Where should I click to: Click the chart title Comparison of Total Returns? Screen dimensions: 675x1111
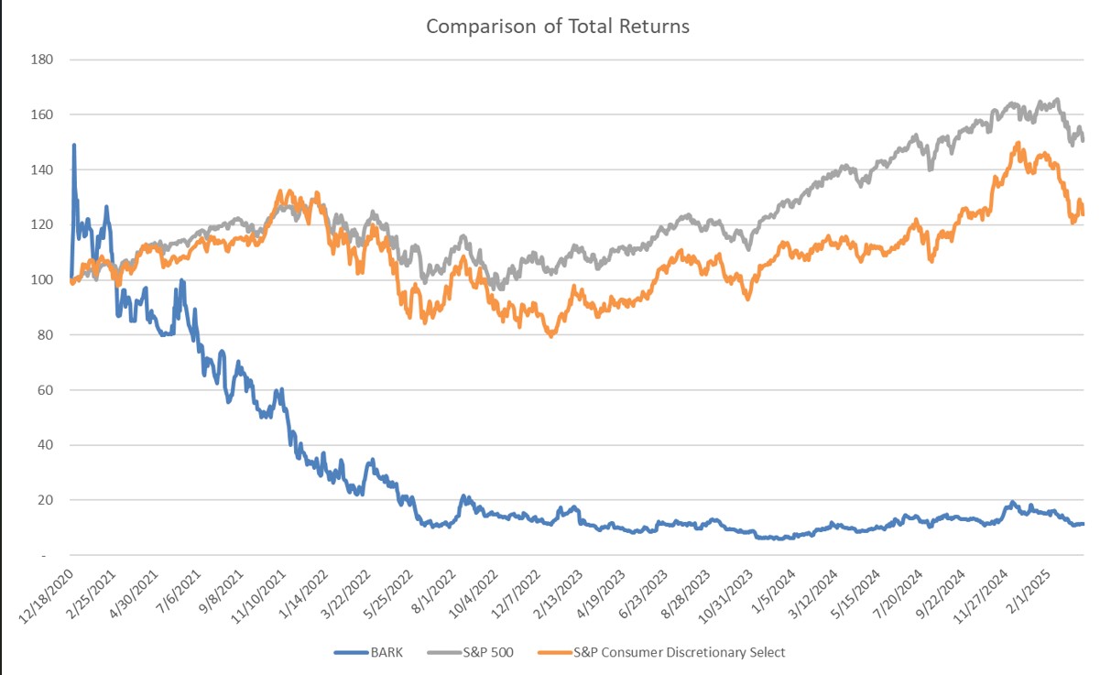[x=557, y=26]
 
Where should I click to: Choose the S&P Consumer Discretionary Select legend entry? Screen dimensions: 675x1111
[x=679, y=652]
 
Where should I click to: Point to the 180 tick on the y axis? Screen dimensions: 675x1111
[x=43, y=60]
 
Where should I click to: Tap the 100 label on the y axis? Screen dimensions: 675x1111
[x=43, y=280]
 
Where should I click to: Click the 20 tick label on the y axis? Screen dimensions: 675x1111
[x=47, y=500]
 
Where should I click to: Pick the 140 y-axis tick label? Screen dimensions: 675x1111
[x=43, y=170]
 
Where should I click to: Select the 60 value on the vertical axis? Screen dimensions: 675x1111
[x=47, y=390]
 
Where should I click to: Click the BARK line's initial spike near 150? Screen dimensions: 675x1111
[x=73, y=145]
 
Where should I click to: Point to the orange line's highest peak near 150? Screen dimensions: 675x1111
[x=1017, y=143]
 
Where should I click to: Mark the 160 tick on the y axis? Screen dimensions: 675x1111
[x=43, y=115]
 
